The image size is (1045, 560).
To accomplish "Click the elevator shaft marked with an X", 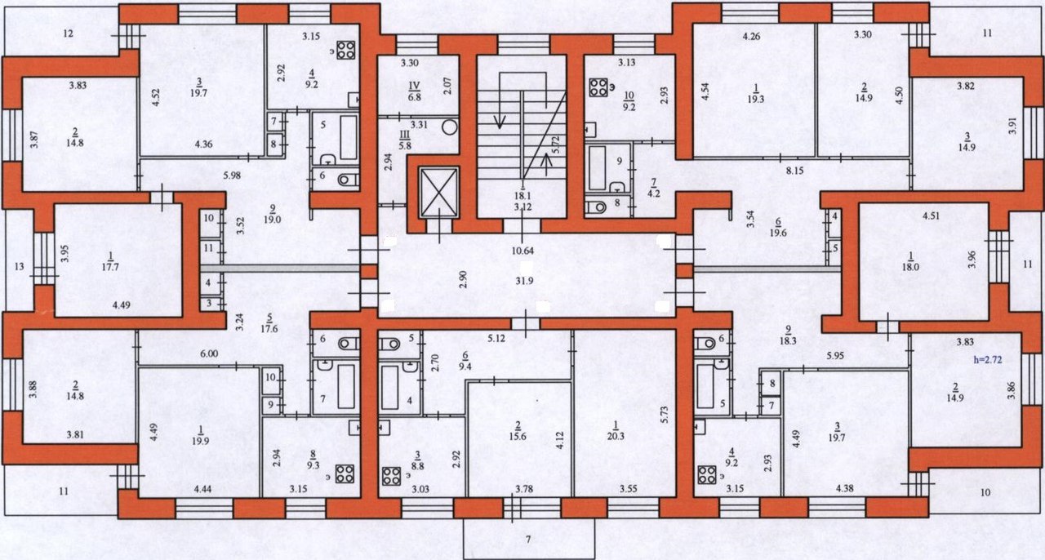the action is point(440,193).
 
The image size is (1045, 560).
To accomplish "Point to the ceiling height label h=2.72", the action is point(987,360).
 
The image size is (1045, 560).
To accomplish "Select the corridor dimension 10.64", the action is point(522,251).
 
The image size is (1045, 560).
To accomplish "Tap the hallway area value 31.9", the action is point(524,281).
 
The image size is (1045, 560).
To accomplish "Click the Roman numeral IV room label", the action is point(414,86).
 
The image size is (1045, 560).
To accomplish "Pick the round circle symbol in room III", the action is point(449,127).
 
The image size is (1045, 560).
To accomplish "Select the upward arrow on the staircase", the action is point(546,165).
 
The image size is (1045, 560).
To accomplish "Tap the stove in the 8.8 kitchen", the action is point(391,477).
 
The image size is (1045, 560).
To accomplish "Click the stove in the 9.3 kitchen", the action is point(345,474).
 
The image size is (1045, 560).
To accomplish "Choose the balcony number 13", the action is point(19,267).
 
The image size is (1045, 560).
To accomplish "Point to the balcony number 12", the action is point(68,33).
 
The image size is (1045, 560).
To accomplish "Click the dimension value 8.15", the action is point(794,171).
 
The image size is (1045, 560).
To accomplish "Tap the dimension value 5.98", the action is point(232,176).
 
